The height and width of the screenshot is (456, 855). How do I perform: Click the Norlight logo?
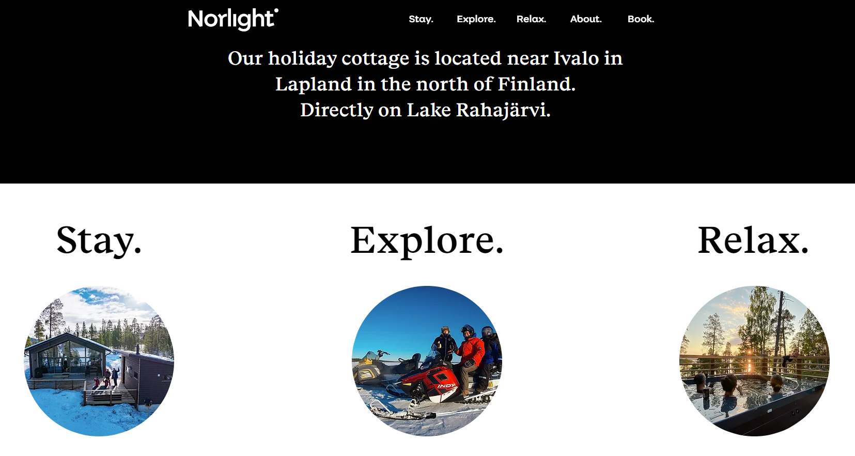coord(233,19)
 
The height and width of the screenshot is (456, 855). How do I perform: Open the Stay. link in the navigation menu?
coord(421,19)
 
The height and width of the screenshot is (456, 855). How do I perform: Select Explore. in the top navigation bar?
coord(476,19)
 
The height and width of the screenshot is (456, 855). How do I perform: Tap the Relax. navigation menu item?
coord(531,19)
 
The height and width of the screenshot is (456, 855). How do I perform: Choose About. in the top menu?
coord(586,19)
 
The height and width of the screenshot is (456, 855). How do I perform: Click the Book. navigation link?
coord(641,19)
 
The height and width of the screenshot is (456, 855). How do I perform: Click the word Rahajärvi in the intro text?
coord(503,110)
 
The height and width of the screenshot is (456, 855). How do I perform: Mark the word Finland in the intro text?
coord(536,84)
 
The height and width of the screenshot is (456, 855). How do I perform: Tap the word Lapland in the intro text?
coord(314,84)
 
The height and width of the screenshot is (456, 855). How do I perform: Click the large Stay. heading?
coord(99,240)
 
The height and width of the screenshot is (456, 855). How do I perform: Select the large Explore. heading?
coord(427,240)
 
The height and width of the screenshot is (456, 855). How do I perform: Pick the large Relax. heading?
coord(753,240)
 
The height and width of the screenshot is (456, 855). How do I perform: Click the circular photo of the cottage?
coord(99,361)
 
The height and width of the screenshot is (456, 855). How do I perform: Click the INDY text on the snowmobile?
coord(446,386)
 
